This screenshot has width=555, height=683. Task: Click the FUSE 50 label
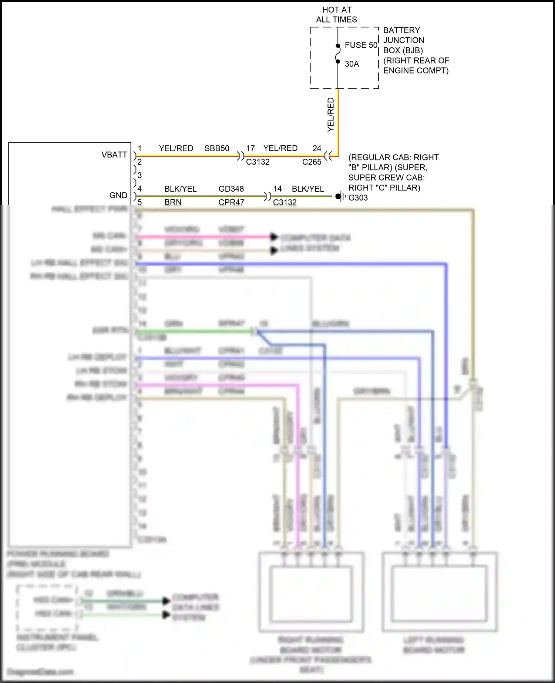tap(361, 45)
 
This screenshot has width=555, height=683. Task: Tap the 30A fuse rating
tap(352, 64)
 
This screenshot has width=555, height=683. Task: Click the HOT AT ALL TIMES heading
tap(336, 15)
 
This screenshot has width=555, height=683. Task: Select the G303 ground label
tap(358, 198)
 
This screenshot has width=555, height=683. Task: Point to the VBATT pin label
tap(114, 155)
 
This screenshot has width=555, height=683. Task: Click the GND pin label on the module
tap(118, 195)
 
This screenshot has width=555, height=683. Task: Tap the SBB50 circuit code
tap(217, 148)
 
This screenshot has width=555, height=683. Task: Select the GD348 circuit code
tap(231, 189)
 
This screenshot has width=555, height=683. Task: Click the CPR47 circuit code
tap(231, 202)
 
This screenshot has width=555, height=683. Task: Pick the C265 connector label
tap(312, 162)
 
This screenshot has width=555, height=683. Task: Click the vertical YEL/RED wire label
tap(331, 115)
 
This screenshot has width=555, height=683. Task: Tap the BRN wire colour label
tap(173, 202)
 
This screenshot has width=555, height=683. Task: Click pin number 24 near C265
tap(317, 148)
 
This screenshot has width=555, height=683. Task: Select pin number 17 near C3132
tap(250, 148)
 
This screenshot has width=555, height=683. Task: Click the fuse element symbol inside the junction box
tap(338, 54)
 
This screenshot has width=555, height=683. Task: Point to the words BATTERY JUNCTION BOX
tap(403, 40)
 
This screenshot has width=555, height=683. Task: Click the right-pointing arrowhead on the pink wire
tap(274, 237)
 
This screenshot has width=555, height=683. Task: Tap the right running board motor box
tap(311, 592)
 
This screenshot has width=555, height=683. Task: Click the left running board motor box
tap(440, 592)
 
